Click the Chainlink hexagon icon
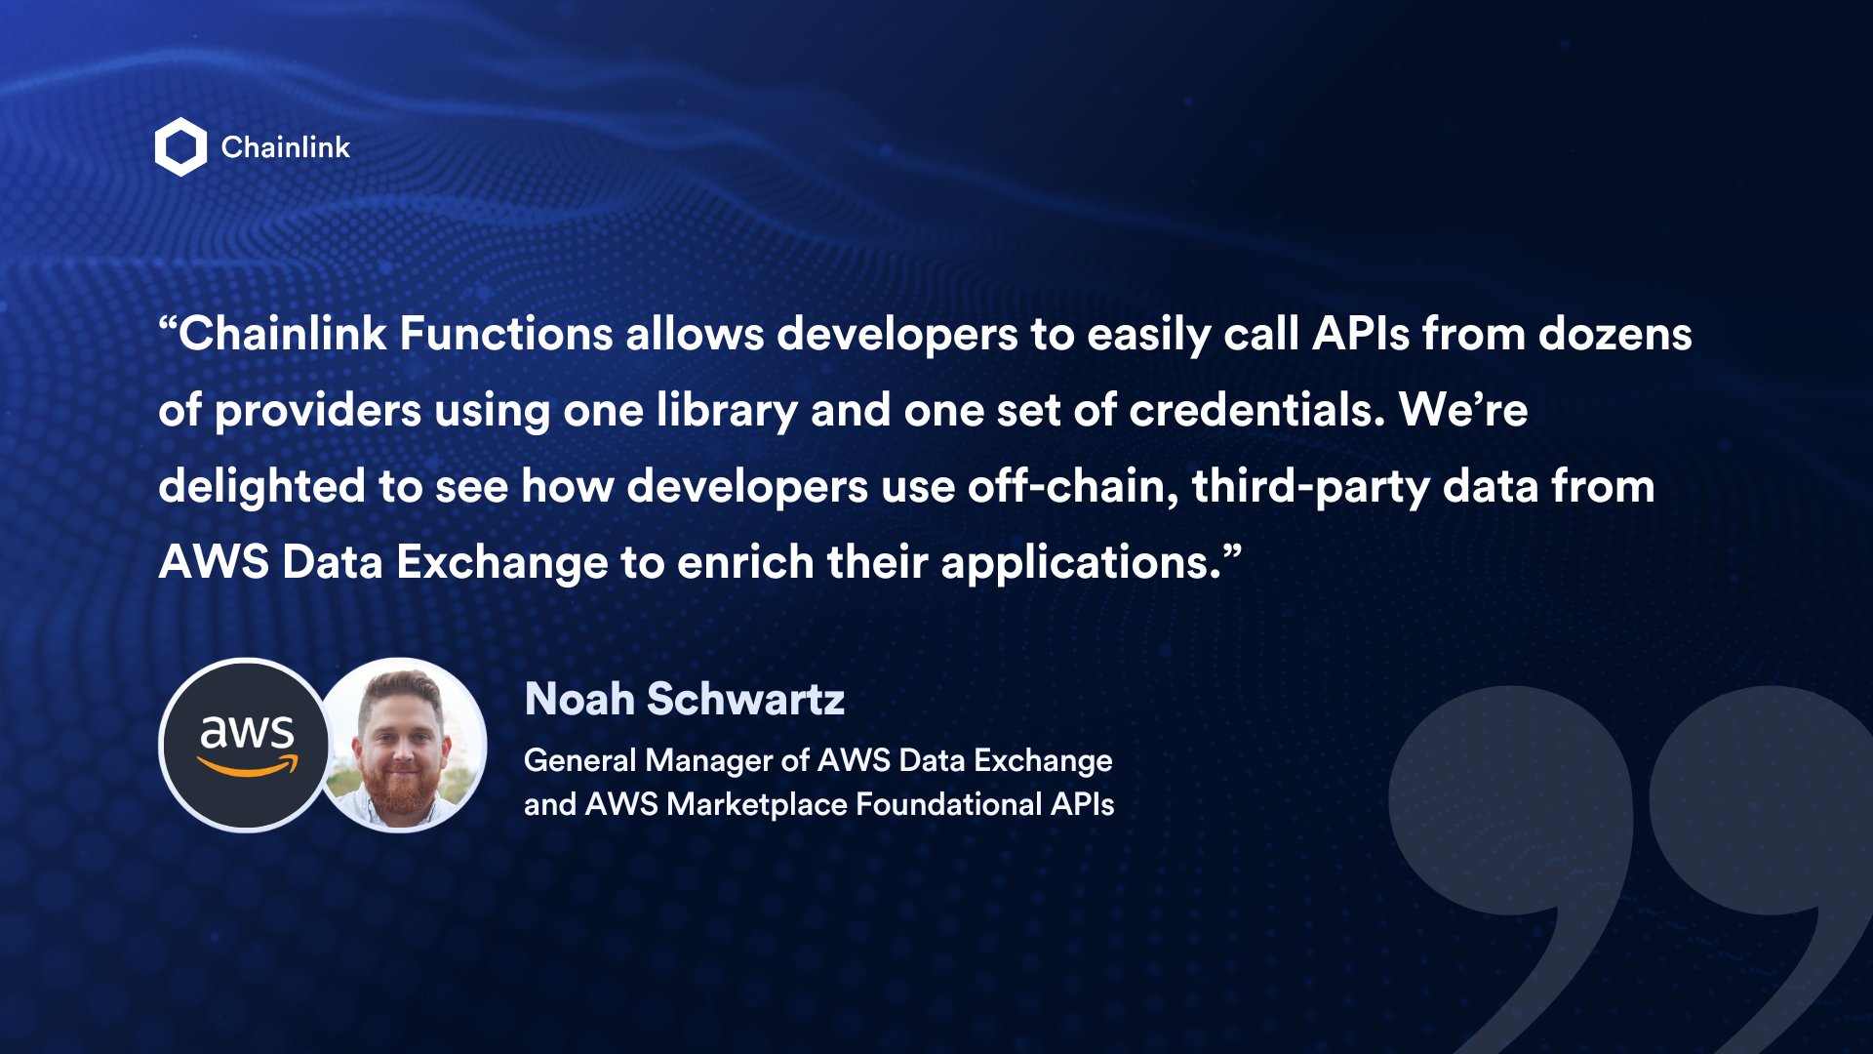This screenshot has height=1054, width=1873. [x=180, y=147]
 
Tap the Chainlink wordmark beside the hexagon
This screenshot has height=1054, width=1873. [x=285, y=147]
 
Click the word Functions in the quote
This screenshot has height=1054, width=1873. [x=505, y=334]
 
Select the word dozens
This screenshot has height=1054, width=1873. [x=1614, y=334]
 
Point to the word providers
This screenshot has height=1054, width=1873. [x=317, y=411]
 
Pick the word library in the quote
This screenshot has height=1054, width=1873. [x=727, y=411]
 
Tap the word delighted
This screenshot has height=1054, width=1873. [x=261, y=486]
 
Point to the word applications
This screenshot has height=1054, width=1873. [x=1080, y=564]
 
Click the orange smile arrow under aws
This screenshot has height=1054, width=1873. [x=249, y=769]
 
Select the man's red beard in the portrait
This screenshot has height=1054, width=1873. [x=399, y=790]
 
